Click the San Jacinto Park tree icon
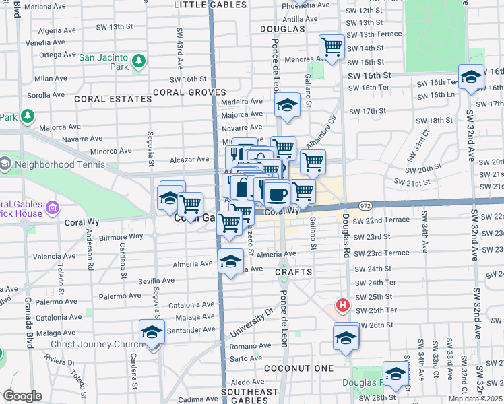(139, 62)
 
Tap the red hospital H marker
(343, 306)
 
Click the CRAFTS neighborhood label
(294, 272)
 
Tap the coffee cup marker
(276, 195)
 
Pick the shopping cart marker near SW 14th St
(332, 46)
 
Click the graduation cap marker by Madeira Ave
(287, 106)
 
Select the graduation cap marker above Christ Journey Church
(152, 332)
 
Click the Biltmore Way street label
(119, 236)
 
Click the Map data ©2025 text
(475, 399)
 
